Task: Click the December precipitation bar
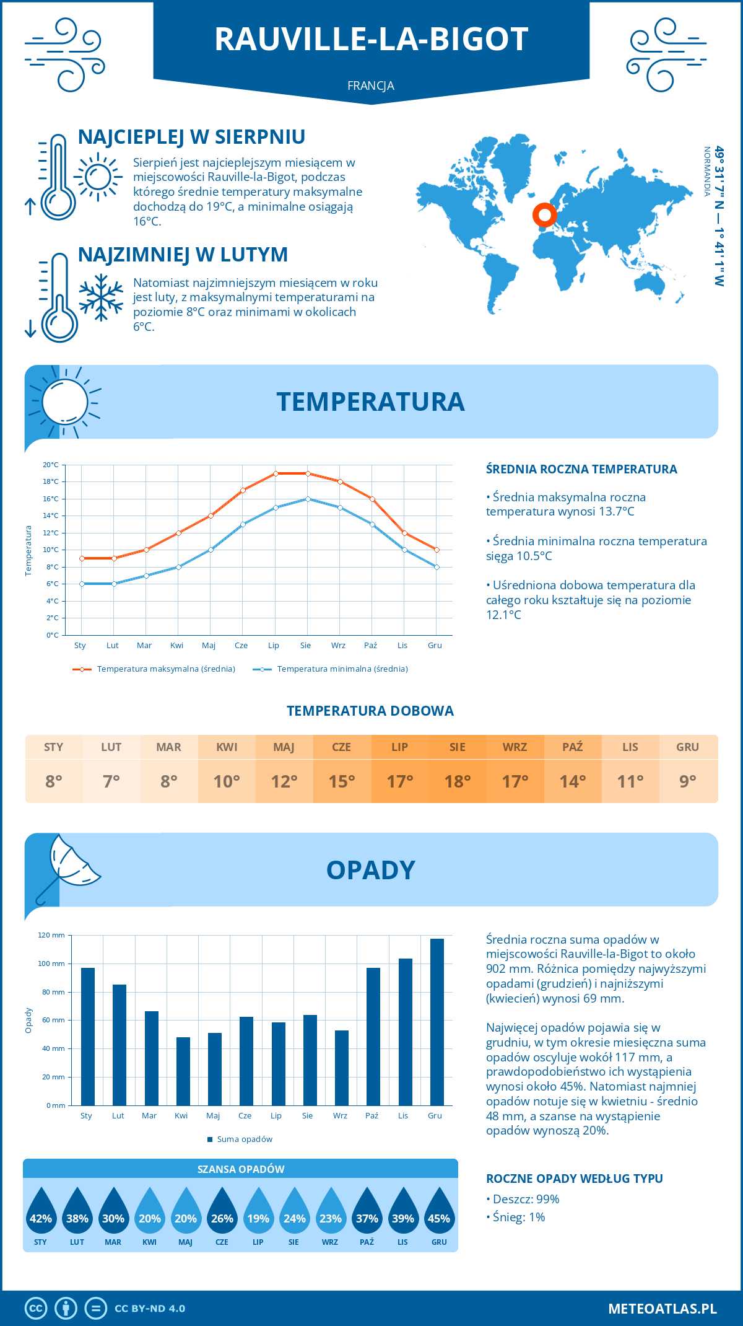437,1022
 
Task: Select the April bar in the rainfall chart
183,1071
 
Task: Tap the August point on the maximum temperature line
308,473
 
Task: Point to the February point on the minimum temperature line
114,584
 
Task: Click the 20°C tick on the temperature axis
51,465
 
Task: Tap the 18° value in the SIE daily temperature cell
458,781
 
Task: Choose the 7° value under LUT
111,781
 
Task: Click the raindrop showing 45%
439,1211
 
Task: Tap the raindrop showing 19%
258,1211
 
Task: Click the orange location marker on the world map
545,215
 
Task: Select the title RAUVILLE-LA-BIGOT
371,39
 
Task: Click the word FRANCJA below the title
371,86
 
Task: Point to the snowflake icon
101,297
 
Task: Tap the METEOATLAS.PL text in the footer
663,1309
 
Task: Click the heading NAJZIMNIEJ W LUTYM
183,255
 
